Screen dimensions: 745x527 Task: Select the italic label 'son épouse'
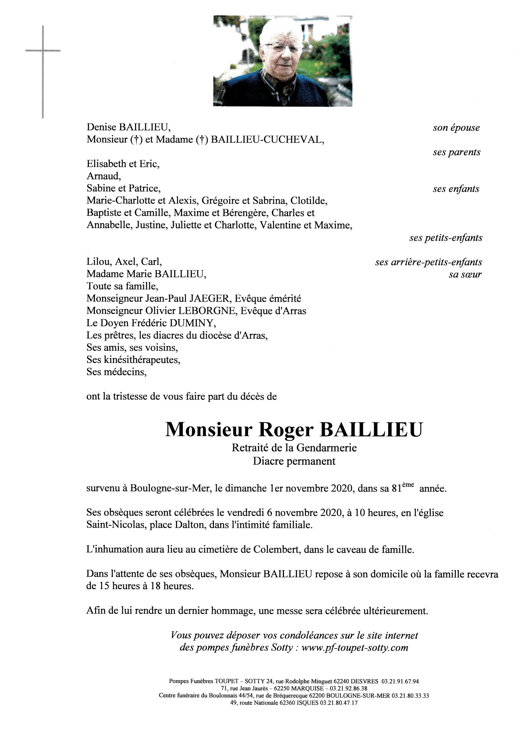point(456,128)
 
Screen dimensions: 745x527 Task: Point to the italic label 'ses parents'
point(456,152)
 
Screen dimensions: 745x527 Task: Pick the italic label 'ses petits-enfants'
point(446,238)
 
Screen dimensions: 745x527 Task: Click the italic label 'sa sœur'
point(465,274)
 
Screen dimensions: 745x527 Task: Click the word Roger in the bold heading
point(286,430)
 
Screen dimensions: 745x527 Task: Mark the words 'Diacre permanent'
point(294,461)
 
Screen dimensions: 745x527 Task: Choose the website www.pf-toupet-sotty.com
point(355,648)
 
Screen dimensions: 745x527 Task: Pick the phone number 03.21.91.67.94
point(400,681)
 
